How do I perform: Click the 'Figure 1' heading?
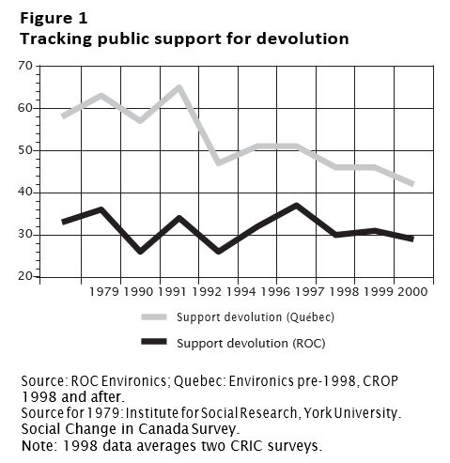54,18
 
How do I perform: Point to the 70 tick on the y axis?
25,66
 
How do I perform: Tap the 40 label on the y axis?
25,192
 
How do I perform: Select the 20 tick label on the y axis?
25,276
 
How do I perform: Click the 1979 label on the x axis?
104,292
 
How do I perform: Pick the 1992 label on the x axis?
207,292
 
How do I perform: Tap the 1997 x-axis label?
309,292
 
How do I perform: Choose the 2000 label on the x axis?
412,292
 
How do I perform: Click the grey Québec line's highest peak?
179,86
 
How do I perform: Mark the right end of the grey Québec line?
413,184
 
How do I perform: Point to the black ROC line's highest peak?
296,205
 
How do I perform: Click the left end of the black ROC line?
63,222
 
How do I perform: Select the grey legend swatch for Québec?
154,316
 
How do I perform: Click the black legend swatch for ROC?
154,342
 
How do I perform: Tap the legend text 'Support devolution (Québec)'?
256,317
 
